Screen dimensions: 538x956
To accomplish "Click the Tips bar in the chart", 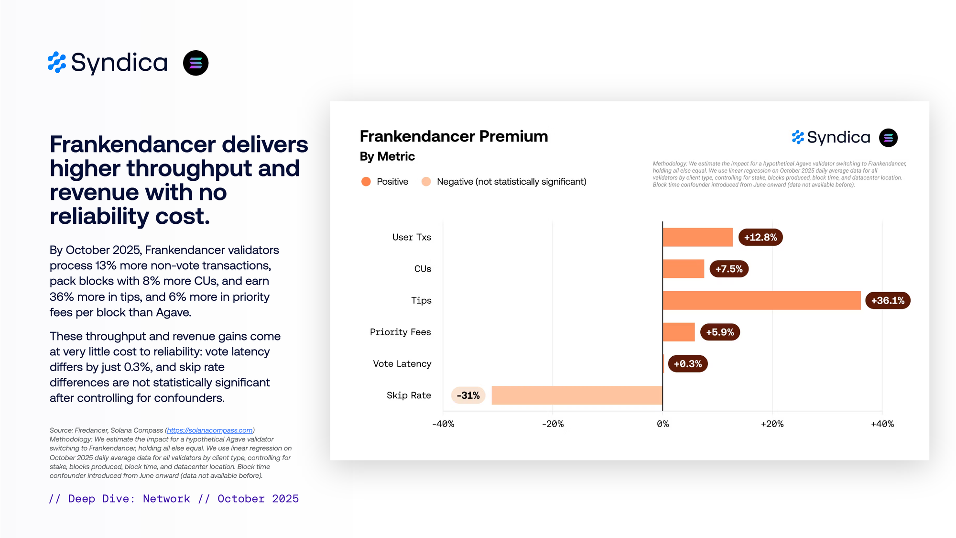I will [761, 300].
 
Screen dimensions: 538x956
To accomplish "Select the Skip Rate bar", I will [577, 395].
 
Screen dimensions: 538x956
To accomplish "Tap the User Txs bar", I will [697, 237].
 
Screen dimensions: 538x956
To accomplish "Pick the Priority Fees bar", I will [679, 332].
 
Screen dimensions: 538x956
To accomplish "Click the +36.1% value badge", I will [888, 300].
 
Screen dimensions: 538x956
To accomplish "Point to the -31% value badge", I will [468, 395].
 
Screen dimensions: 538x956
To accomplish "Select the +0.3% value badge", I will [687, 363].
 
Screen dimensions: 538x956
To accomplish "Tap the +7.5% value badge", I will [728, 269].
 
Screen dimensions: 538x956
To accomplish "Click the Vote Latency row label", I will [402, 363].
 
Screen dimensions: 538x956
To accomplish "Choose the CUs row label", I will [423, 269].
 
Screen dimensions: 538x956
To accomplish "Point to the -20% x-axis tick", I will [553, 424].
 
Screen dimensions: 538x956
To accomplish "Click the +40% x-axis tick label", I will [882, 424].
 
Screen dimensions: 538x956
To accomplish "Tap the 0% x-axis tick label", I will [663, 424].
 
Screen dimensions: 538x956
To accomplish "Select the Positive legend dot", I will [366, 182].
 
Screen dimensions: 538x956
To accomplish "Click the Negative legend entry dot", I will [426, 182].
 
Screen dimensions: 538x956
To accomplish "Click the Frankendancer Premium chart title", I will [454, 136].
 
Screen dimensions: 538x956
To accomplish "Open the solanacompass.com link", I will [209, 430].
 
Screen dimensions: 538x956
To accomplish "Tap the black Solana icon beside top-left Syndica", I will [196, 63].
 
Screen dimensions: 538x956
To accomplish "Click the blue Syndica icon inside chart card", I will [798, 137].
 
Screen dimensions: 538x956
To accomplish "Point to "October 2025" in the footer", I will [258, 499].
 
